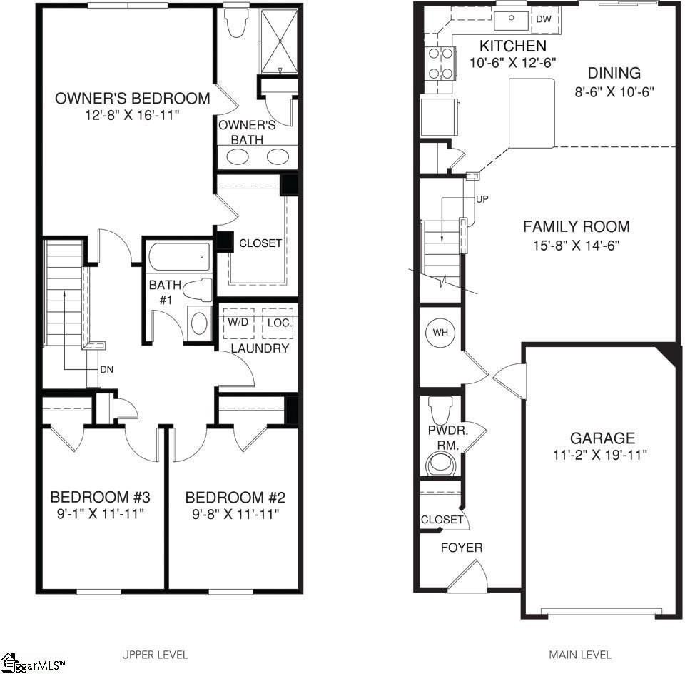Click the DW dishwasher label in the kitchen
[544, 19]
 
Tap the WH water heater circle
[440, 333]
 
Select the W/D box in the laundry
[238, 323]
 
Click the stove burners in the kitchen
[437, 63]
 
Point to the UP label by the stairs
[482, 199]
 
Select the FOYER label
[461, 548]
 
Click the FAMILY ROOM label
[577, 227]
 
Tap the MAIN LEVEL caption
[579, 654]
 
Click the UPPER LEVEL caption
[155, 654]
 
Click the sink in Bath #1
[199, 323]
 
